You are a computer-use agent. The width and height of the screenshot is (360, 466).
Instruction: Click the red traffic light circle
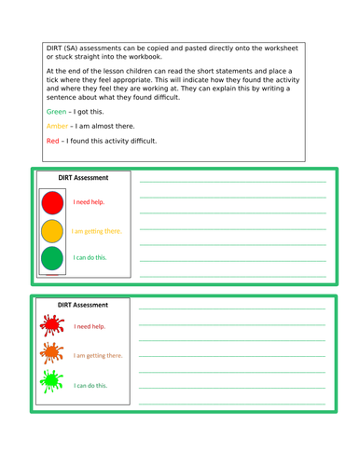pos(53,201)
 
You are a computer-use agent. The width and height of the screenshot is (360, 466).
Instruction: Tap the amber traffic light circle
pos(53,229)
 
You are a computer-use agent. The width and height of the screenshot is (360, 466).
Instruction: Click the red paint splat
pos(52,326)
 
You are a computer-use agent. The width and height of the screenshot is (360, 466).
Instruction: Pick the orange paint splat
pos(52,354)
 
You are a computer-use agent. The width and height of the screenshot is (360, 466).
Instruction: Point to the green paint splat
pos(52,382)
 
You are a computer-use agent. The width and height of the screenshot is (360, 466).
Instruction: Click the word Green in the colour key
pos(56,111)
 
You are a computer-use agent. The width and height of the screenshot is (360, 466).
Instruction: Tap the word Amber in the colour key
pos(57,126)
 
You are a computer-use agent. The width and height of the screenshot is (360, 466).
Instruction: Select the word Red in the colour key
pos(52,141)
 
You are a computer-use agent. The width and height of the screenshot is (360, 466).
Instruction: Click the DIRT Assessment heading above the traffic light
pos(83,177)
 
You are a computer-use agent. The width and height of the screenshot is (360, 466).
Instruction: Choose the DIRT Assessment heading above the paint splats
pos(83,305)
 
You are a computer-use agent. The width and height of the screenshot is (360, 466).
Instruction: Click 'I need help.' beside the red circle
pos(90,201)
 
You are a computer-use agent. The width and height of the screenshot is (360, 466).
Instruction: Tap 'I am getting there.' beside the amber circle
pos(97,230)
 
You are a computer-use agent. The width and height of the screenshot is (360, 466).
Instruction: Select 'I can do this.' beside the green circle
pos(90,258)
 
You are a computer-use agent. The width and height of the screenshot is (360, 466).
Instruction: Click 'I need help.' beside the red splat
pos(90,327)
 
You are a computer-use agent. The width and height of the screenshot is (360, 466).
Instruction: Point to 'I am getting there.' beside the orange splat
pos(98,355)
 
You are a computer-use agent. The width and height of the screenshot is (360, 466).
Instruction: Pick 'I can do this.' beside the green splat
pos(91,384)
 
